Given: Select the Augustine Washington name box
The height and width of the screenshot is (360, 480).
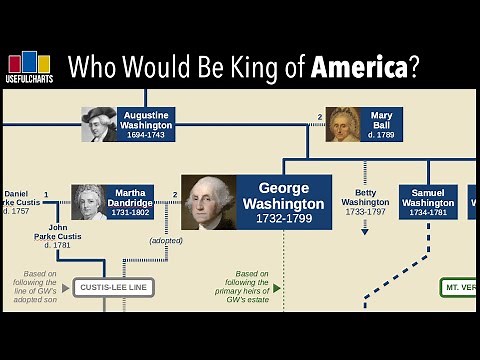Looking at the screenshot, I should coord(147,124).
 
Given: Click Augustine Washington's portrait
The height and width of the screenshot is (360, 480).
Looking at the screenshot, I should coord(100,124).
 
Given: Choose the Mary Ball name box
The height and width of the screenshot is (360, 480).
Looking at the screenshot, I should coord(381,124).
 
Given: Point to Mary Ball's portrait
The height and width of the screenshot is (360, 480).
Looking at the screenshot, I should coord(342,124).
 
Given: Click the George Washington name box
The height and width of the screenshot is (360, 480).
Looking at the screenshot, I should coord(285,202).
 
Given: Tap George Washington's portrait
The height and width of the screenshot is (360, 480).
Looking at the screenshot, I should coord(209,202).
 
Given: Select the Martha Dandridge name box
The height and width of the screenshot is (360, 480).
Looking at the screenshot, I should coord(130,201).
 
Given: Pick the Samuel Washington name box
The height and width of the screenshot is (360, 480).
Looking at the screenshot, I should coord(428,202).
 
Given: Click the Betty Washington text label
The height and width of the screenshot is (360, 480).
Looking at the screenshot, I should coord(365,201).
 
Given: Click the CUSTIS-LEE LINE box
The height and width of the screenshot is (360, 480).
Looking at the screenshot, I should coord(113,287).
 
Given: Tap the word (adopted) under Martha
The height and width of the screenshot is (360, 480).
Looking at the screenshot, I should coord(166,240).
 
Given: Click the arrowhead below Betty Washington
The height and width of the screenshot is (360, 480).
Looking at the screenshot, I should coord(365,231).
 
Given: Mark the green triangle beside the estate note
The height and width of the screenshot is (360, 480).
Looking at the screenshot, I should coord(277,287).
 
